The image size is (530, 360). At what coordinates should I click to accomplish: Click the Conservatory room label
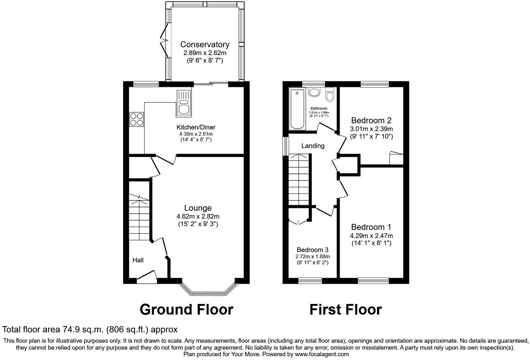[x=205, y=45]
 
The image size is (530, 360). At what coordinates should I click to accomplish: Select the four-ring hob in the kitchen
[x=136, y=119]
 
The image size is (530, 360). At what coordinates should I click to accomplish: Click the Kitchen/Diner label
[x=196, y=127]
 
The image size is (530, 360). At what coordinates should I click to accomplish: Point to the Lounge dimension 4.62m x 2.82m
[x=198, y=216]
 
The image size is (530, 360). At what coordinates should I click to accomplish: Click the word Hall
[x=138, y=260]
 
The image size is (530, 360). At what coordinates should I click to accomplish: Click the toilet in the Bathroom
[x=330, y=94]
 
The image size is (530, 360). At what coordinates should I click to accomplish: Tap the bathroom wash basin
[x=315, y=93]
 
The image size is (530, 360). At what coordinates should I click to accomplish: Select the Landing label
[x=313, y=146]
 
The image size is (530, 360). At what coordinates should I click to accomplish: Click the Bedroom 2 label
[x=371, y=120]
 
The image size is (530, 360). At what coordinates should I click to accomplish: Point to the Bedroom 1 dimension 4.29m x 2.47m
[x=371, y=236]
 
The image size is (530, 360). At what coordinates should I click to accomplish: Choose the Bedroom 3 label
[x=312, y=250]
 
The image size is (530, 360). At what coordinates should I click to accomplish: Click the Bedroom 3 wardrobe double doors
[x=298, y=222]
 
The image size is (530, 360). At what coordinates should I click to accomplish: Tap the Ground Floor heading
[x=186, y=309]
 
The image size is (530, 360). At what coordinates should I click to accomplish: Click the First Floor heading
[x=345, y=309]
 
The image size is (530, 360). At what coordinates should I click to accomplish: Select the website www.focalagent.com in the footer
[x=321, y=354]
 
